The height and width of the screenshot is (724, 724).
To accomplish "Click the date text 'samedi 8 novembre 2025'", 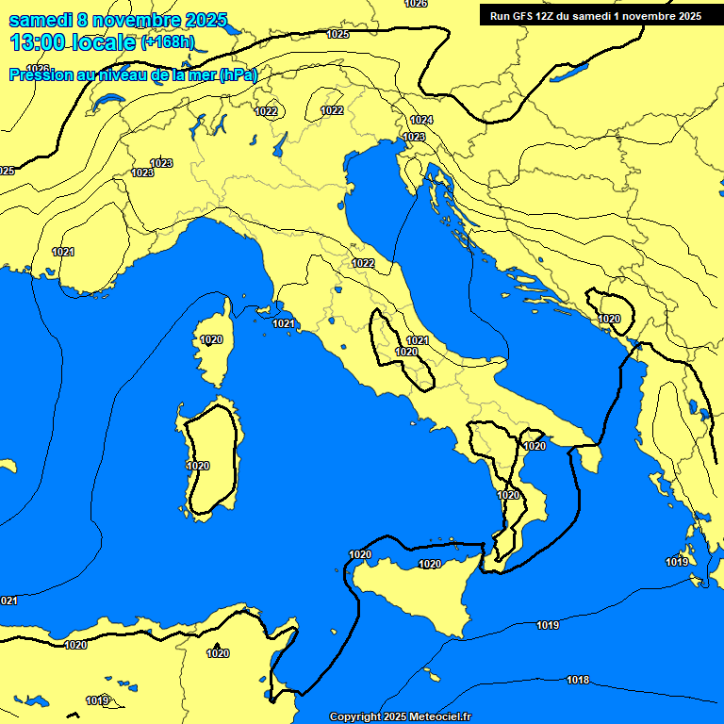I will tap(118, 20).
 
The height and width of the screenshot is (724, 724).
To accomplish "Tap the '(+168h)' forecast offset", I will tap(168, 42).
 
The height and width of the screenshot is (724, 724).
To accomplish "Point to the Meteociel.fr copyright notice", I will tap(400, 716).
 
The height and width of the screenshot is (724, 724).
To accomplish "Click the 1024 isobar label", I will tap(421, 120).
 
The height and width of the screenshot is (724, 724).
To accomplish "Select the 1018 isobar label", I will tap(578, 680).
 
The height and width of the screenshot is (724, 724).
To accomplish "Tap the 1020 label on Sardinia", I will tap(198, 466).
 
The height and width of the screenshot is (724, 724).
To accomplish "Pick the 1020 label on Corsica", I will tap(211, 339).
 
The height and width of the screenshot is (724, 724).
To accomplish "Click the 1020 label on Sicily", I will tap(429, 564).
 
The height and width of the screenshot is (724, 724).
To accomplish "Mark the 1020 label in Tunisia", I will tap(218, 653).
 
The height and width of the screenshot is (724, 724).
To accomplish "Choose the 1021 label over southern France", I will tap(63, 252).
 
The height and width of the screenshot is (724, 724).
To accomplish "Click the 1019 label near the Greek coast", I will tap(677, 562).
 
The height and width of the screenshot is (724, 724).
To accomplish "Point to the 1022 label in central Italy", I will tap(363, 263).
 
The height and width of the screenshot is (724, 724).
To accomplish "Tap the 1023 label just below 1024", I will tap(414, 137).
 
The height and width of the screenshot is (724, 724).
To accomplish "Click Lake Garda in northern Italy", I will tap(280, 144).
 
